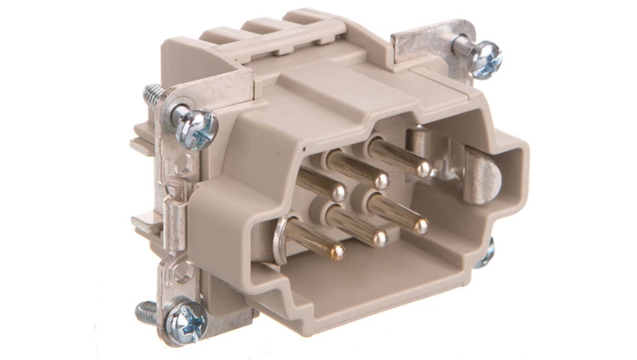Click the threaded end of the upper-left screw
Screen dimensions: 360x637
click(153, 93)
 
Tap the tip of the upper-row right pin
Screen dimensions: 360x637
click(424, 167)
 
